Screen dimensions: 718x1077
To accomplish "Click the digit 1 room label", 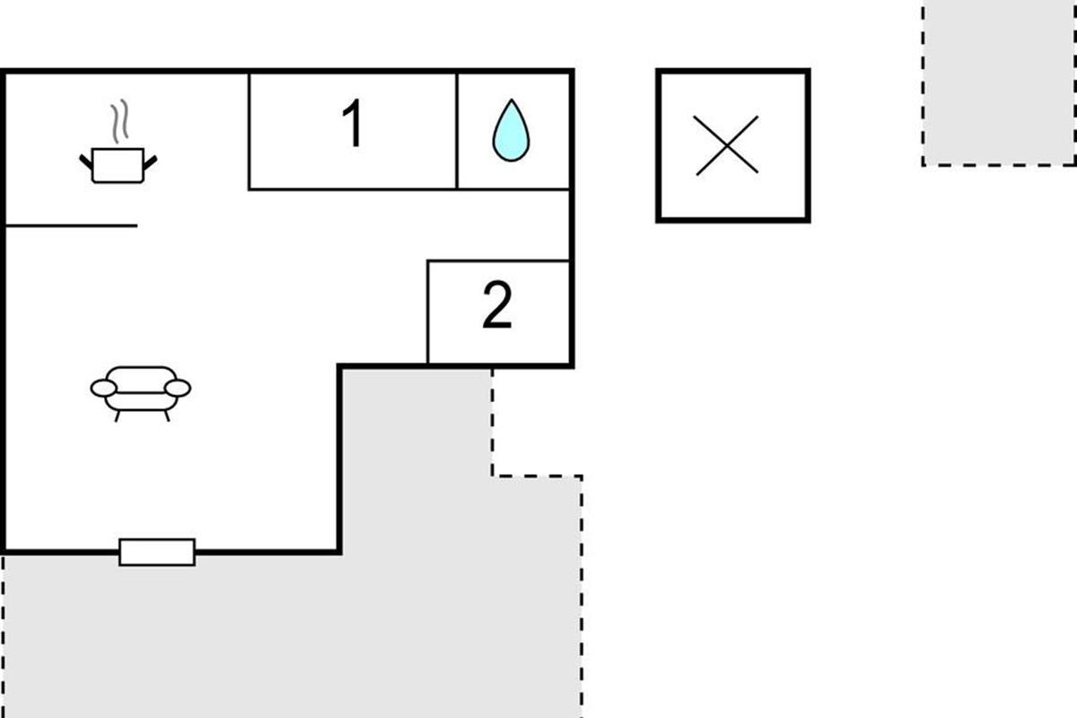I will click(355, 125).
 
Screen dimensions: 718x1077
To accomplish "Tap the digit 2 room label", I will click(497, 306).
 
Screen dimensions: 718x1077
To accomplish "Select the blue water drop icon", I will click(511, 131).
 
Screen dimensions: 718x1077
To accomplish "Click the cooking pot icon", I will click(118, 166).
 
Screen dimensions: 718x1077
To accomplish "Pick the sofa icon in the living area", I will click(141, 390).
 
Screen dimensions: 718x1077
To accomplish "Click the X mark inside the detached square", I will click(727, 144).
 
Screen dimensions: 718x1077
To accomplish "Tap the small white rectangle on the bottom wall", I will click(157, 552).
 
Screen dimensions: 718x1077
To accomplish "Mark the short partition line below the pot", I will click(72, 225).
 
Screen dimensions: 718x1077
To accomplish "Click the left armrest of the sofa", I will click(103, 388).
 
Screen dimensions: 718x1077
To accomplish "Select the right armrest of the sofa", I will click(178, 388).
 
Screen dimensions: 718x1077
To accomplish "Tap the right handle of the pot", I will click(150, 162).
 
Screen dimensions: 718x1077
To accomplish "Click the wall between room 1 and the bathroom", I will click(457, 131).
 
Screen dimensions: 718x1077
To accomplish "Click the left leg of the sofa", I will click(118, 416).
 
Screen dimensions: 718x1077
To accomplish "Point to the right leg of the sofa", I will click(166, 416).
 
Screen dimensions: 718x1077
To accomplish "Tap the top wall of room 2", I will click(498, 261).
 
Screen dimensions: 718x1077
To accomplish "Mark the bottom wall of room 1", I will click(353, 189).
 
